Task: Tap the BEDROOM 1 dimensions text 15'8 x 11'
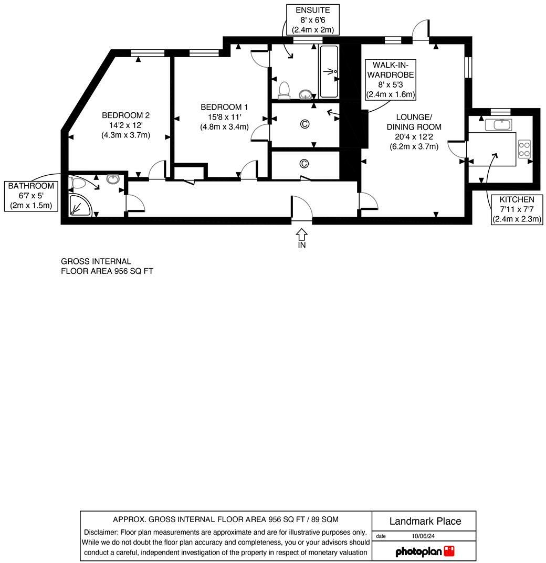(224, 117)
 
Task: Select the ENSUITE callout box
(313, 20)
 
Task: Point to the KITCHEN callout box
(517, 209)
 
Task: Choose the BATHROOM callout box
(30, 196)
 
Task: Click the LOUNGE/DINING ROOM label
(414, 122)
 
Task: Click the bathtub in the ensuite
(329, 71)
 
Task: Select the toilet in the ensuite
(285, 90)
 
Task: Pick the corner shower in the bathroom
(80, 205)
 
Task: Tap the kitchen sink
(498, 124)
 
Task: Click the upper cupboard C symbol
(304, 124)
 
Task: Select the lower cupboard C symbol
(304, 164)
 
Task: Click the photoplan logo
(424, 551)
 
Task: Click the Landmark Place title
(425, 521)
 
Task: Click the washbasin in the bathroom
(112, 179)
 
